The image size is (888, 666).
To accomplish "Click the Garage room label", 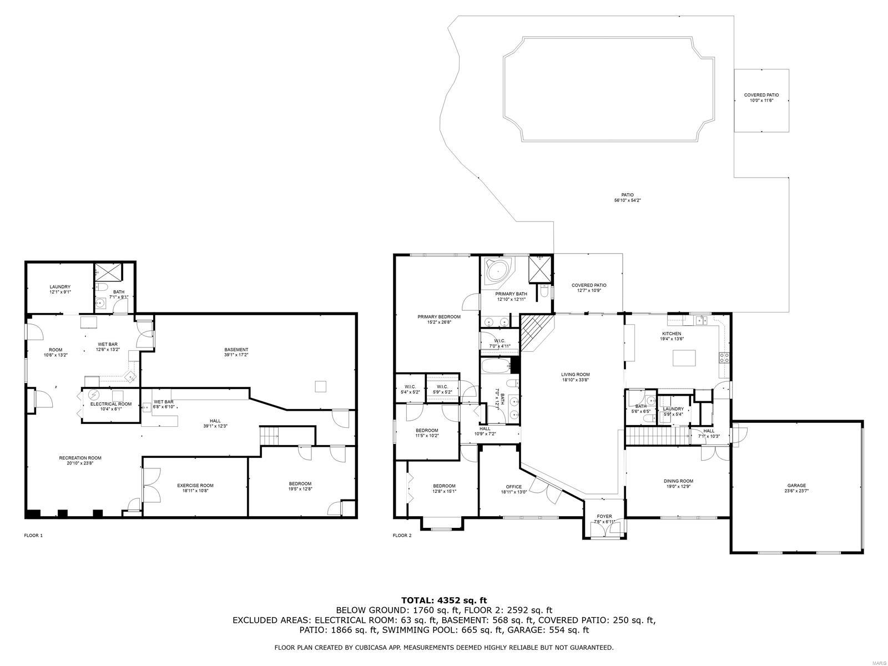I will coord(796,488).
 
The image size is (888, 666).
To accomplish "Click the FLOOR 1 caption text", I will coord(33,536).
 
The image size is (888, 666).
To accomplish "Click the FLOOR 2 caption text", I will coord(402,536).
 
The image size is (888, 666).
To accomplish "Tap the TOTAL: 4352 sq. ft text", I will coord(444,600).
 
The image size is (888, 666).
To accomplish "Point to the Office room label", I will coord(514,489).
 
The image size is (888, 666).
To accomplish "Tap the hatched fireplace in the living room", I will coord(536,333).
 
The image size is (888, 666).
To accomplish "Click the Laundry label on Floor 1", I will coord(60,289).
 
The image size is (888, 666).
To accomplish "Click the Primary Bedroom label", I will coord(439,319).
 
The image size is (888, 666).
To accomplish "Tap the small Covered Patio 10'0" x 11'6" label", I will coord(761,98).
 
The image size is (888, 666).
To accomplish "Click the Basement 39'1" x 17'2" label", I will coord(236,352).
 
